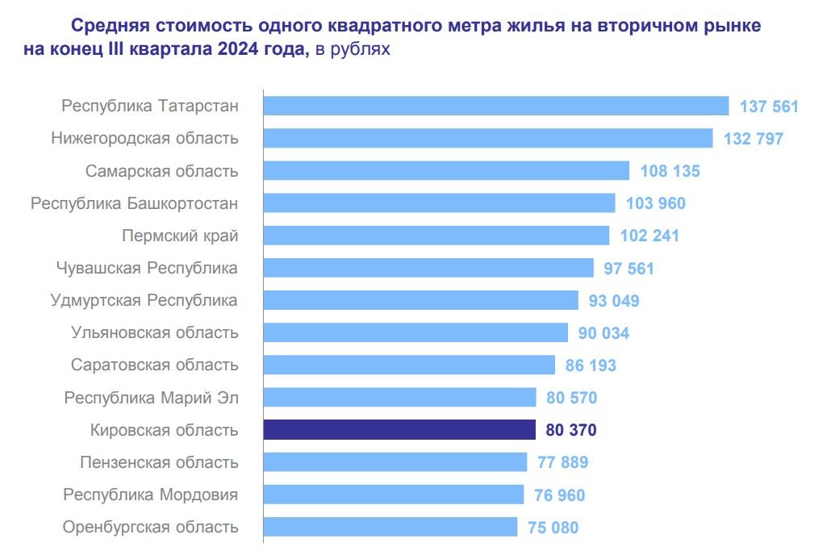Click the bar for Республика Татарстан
click(x=496, y=106)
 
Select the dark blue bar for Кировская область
click(x=399, y=430)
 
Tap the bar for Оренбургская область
click(x=390, y=527)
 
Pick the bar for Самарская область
click(x=446, y=171)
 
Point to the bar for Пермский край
click(x=436, y=236)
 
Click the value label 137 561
click(x=769, y=106)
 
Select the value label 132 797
click(x=754, y=139)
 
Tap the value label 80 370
click(x=571, y=430)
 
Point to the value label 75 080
click(x=553, y=528)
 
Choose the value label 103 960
click(x=656, y=203)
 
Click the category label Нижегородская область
click(x=144, y=138)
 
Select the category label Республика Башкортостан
click(x=134, y=203)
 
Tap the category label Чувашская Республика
click(x=147, y=268)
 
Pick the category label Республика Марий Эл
click(x=152, y=397)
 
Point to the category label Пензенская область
click(x=159, y=462)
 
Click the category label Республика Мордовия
click(x=151, y=495)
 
